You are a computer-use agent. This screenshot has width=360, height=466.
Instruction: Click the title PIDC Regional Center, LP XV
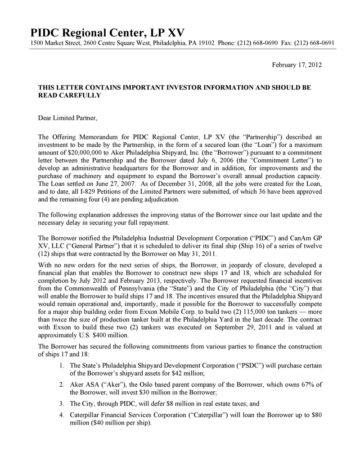click(107, 32)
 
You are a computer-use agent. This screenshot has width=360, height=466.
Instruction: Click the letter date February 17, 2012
click(297, 65)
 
